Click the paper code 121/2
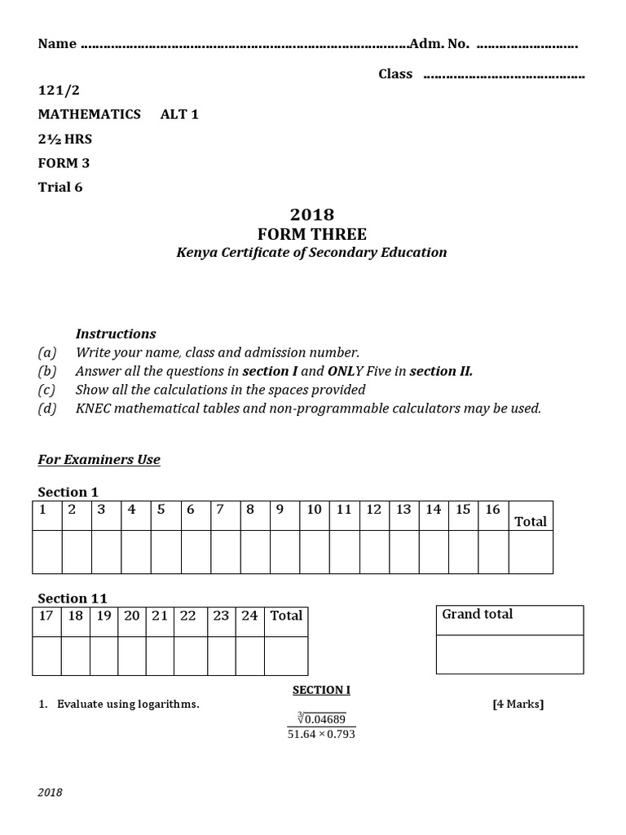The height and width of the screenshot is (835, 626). click(59, 90)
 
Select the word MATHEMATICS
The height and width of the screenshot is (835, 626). click(89, 114)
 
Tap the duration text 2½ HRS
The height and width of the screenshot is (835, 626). click(65, 139)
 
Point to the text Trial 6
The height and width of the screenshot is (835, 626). click(60, 187)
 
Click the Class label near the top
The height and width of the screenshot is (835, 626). click(395, 74)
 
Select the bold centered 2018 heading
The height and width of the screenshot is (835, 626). click(312, 214)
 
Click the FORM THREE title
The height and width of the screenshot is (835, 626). click(312, 234)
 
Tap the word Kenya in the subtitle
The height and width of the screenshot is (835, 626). click(197, 253)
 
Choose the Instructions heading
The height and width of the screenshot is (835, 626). click(116, 334)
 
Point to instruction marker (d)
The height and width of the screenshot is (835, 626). click(47, 409)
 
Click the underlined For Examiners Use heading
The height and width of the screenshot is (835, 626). click(99, 460)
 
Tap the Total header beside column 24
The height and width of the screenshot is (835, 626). click(286, 616)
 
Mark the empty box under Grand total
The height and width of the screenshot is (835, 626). click(509, 654)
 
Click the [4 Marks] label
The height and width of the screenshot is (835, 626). click(518, 705)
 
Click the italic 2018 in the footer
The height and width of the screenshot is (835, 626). click(51, 793)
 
